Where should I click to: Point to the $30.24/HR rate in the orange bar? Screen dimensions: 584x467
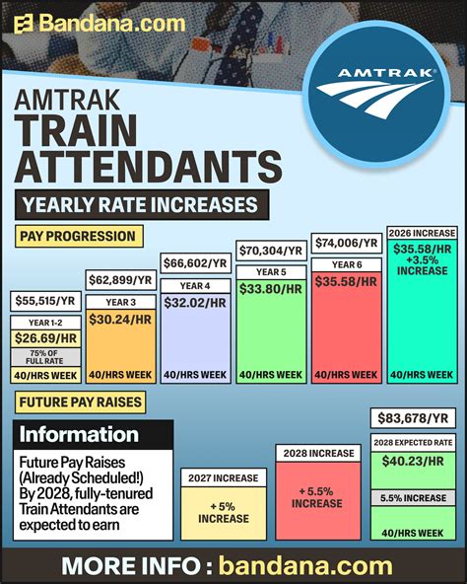[x=121, y=322]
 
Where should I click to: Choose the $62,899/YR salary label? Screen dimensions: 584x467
[x=121, y=281]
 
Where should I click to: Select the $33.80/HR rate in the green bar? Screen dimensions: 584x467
[x=272, y=290]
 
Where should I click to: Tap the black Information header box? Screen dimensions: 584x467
[x=95, y=435]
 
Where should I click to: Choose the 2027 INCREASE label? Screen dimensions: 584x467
[x=222, y=478]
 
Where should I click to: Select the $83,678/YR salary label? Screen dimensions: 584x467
[x=413, y=418]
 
